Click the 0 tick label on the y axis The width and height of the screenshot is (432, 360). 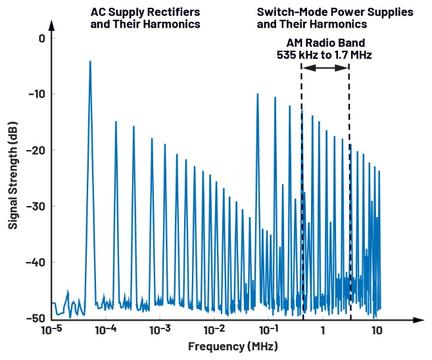point(41,38)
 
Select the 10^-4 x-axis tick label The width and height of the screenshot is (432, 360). point(106,329)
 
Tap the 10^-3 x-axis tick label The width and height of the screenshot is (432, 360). point(160,329)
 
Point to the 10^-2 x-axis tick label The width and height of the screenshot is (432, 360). point(214,329)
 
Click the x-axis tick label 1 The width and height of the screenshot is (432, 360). point(323,330)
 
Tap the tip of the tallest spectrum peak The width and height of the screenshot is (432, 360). point(90,61)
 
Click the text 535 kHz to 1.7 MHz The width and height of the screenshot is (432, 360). point(325,56)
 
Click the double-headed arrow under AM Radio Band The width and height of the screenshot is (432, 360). point(325,69)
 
